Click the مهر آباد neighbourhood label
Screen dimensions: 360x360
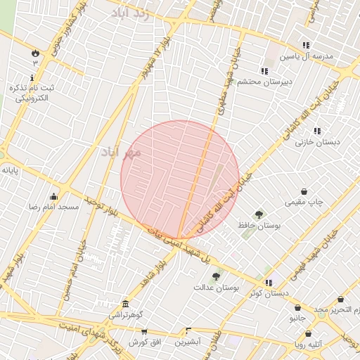(121, 152)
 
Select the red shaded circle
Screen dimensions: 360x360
(180, 180)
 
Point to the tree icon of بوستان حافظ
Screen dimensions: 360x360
(259, 214)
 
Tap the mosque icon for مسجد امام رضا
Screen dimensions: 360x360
(54, 195)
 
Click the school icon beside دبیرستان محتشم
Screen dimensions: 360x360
(264, 71)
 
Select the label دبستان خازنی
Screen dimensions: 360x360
(317, 142)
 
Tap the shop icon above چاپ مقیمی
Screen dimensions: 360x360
(304, 191)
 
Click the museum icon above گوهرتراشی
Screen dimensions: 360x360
(126, 304)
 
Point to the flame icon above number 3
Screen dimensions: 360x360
(34, 53)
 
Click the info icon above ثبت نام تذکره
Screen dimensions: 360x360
(32, 77)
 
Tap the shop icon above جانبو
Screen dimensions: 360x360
(298, 308)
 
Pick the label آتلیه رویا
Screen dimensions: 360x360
(309, 345)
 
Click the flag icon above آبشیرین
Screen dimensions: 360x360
(188, 330)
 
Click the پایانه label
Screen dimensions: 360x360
(9, 170)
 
